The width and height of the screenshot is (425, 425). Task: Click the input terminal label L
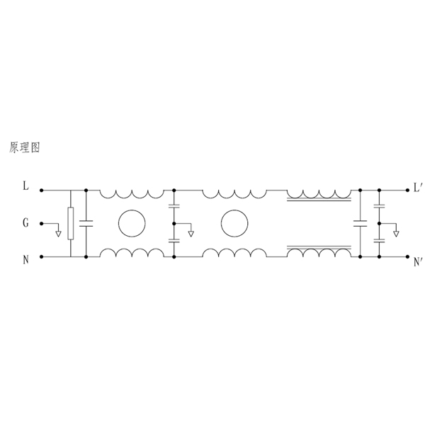(x=25, y=186)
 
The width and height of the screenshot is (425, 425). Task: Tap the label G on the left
(x=25, y=223)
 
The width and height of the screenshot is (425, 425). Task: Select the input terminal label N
(x=25, y=260)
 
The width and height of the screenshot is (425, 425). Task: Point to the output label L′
(x=417, y=187)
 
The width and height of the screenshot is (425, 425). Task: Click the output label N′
(x=417, y=262)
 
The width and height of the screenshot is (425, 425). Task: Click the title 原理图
(x=25, y=147)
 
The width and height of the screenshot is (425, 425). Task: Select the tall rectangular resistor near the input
(x=70, y=223)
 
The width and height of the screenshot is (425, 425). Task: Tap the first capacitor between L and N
(x=86, y=224)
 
